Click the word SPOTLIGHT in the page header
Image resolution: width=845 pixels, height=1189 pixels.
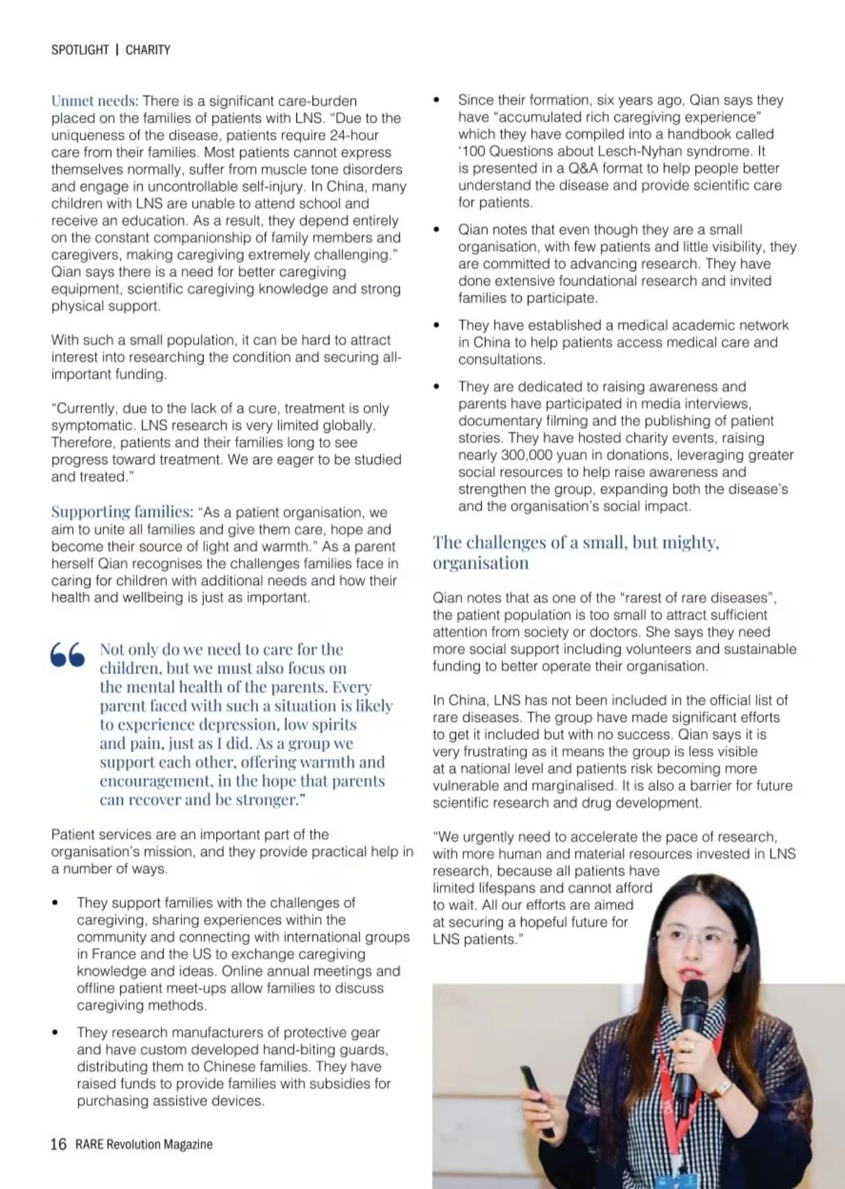(x=79, y=50)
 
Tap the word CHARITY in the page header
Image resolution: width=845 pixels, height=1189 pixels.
(x=148, y=50)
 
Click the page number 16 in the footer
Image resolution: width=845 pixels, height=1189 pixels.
(x=58, y=1144)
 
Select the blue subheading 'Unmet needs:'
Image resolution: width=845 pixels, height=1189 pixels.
(x=95, y=101)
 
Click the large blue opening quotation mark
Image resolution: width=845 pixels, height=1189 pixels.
(x=68, y=655)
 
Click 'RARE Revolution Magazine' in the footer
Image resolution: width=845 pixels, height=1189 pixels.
(x=144, y=1144)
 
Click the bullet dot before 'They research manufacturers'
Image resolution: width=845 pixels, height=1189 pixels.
(x=55, y=1033)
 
